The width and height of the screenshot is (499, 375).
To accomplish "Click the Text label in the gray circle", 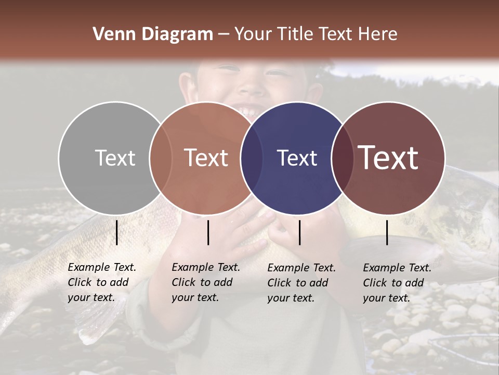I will (x=115, y=158).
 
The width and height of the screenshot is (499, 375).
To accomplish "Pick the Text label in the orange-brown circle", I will (x=206, y=158).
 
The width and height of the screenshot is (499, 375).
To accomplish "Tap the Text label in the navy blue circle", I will (x=297, y=158).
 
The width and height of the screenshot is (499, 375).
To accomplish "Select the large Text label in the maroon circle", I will (x=388, y=158).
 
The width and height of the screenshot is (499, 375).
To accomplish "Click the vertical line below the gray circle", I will (x=116, y=232).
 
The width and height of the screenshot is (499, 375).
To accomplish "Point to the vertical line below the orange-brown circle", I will (x=208, y=232).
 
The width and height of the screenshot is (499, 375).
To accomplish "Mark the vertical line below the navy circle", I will (x=299, y=232).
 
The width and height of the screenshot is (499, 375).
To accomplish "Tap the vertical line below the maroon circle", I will (x=387, y=232).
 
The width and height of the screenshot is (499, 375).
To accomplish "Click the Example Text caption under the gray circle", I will (x=102, y=282).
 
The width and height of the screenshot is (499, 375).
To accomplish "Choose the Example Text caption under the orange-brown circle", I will (x=206, y=282).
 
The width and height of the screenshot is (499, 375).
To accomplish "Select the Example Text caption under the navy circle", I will (x=301, y=283).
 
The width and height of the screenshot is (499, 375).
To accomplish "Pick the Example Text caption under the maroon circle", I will (x=397, y=283).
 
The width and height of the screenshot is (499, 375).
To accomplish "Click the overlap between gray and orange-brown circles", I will (x=161, y=158).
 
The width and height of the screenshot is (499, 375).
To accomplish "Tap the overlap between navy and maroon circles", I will (x=343, y=158).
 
